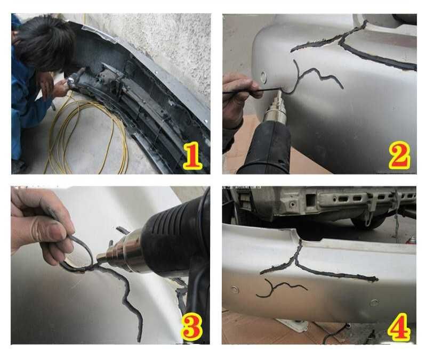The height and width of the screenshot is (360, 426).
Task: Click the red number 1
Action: point(192,157)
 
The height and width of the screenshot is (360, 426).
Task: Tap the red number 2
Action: point(399,155)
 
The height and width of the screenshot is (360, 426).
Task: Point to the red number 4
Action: point(399,327)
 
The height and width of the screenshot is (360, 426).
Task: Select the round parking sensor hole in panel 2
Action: point(263,77)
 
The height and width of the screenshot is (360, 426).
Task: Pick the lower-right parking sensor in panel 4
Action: point(374,302)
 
